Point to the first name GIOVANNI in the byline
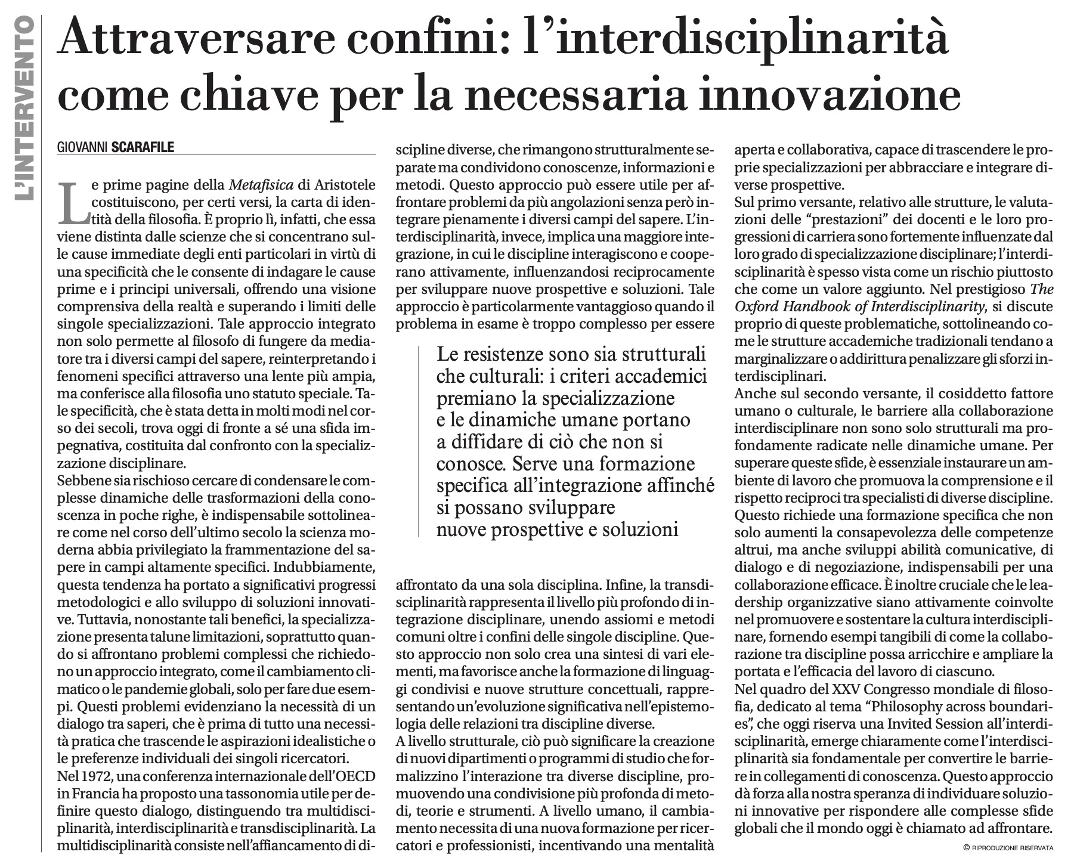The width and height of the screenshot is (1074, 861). click(83, 147)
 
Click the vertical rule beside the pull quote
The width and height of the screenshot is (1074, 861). click(423, 442)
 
